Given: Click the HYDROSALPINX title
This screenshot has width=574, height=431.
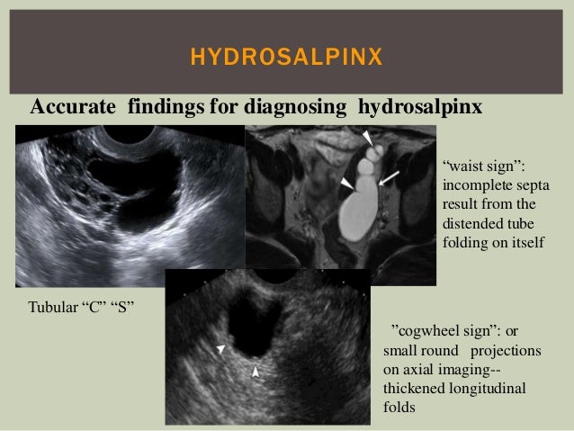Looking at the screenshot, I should click(x=286, y=60).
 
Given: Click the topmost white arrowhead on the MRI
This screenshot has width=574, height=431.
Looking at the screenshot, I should click(x=367, y=136).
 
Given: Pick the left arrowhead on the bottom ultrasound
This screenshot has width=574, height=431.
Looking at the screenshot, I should click(x=220, y=348).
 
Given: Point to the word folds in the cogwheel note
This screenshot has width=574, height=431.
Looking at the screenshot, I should click(x=399, y=406).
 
